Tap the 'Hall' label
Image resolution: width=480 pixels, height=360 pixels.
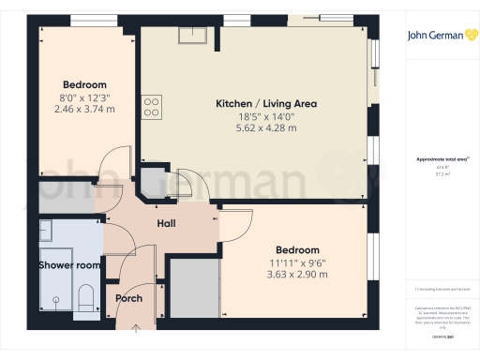[x=166, y=224]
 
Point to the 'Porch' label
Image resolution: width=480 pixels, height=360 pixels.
[x=128, y=298]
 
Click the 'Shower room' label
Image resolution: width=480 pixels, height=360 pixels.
[x=69, y=265]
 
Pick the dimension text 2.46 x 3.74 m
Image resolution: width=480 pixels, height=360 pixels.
[x=85, y=109]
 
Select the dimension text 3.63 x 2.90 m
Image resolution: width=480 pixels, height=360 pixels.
[x=297, y=275]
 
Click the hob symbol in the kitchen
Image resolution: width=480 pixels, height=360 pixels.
[x=150, y=107]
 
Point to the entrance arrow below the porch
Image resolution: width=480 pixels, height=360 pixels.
[x=138, y=328]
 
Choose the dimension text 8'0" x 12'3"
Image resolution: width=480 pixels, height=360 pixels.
[x=85, y=97]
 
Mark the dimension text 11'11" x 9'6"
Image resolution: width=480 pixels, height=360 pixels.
[x=297, y=262]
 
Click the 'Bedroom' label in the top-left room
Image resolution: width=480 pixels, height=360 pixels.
[x=85, y=83]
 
